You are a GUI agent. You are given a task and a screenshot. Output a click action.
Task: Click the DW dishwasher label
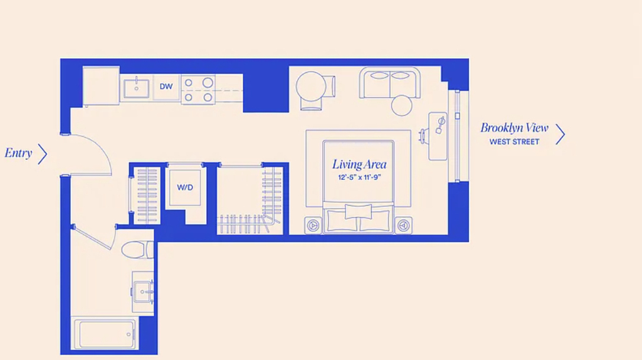166,87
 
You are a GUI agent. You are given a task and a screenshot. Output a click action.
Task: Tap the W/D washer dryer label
185,188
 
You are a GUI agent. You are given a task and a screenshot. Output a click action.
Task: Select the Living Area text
359,165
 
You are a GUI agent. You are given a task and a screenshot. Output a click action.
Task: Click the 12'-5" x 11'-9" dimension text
359,177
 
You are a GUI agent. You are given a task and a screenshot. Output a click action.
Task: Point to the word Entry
18,153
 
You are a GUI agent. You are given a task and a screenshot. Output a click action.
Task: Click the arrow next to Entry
43,154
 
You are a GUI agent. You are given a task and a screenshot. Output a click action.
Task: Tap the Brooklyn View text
514,128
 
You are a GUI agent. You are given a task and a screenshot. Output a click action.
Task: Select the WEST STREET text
514,142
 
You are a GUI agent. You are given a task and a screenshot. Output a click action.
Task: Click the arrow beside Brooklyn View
560,134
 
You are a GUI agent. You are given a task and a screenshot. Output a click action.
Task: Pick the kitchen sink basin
136,89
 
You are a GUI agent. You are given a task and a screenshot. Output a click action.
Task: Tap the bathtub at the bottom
107,334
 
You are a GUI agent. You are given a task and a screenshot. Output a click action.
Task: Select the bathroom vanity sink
143,292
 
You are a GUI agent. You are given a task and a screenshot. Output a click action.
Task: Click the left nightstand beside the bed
313,225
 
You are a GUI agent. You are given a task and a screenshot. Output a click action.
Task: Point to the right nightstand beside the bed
403,225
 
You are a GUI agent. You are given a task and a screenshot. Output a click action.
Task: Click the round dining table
311,87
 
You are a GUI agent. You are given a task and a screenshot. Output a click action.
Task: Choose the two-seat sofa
390,83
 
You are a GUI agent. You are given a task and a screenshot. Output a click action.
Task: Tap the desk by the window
438,136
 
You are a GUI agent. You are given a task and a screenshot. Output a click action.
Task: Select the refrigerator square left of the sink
101,86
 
